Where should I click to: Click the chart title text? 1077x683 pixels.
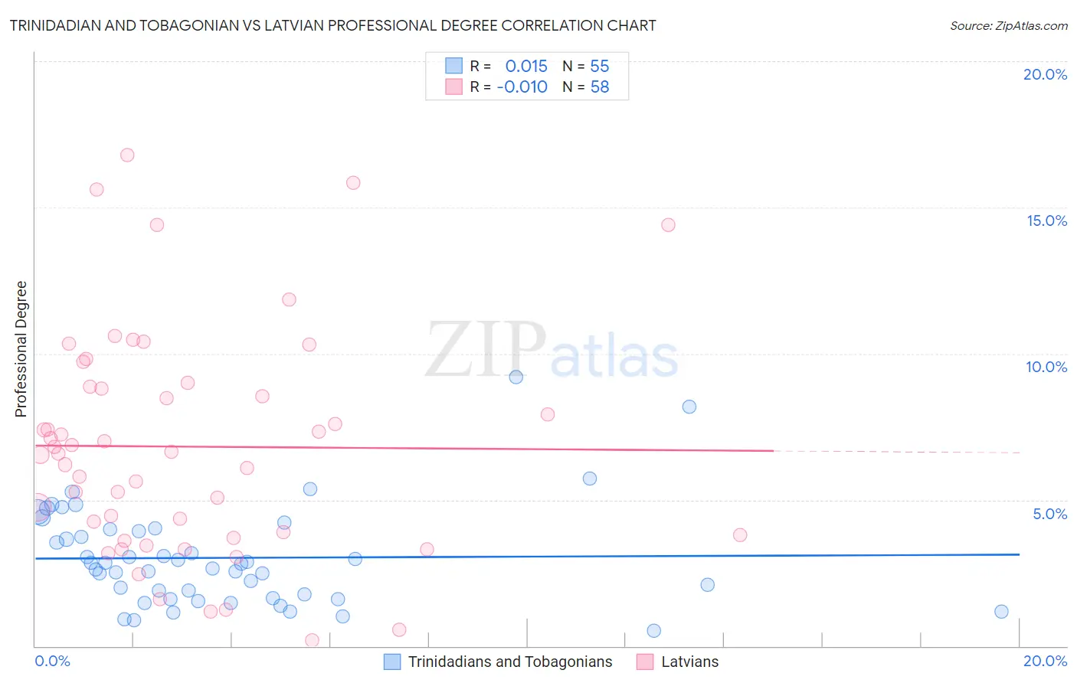click(332, 25)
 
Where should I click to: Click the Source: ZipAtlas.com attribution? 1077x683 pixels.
click(1008, 25)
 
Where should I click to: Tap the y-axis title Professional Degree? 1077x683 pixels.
click(21, 349)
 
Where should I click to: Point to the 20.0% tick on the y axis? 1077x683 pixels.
click(1045, 74)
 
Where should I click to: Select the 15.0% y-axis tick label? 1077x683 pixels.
click(1046, 221)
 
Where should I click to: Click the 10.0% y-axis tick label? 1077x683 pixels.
click(1046, 367)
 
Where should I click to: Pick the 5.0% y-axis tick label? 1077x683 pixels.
click(1049, 514)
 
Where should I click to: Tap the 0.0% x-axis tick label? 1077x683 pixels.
click(52, 661)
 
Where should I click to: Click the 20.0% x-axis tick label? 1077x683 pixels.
click(1045, 661)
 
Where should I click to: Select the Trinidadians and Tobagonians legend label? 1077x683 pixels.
click(510, 662)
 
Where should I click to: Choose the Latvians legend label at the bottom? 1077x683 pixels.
click(689, 662)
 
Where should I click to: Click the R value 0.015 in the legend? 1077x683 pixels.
click(526, 67)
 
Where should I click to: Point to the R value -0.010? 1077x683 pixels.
click(522, 87)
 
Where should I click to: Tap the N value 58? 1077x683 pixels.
click(600, 87)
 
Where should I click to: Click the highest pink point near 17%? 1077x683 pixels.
click(127, 155)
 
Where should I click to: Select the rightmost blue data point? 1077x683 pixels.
click(1001, 611)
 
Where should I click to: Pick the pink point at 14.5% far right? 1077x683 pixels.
click(668, 224)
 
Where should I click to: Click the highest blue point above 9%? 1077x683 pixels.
click(516, 377)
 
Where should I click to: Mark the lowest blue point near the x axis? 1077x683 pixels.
click(653, 630)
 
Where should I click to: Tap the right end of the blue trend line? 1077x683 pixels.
click(1019, 554)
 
